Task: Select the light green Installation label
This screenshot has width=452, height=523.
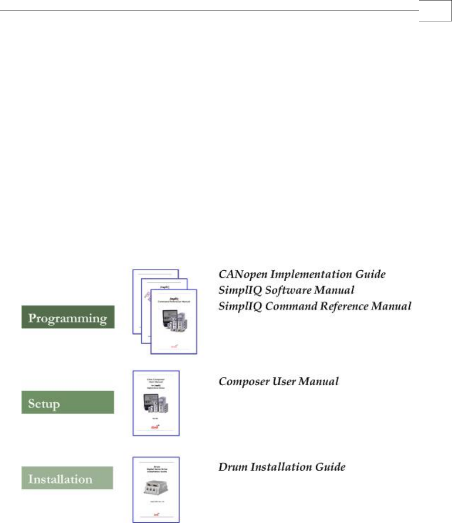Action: [x=67, y=478]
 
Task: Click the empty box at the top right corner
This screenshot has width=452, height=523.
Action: [x=433, y=11]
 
